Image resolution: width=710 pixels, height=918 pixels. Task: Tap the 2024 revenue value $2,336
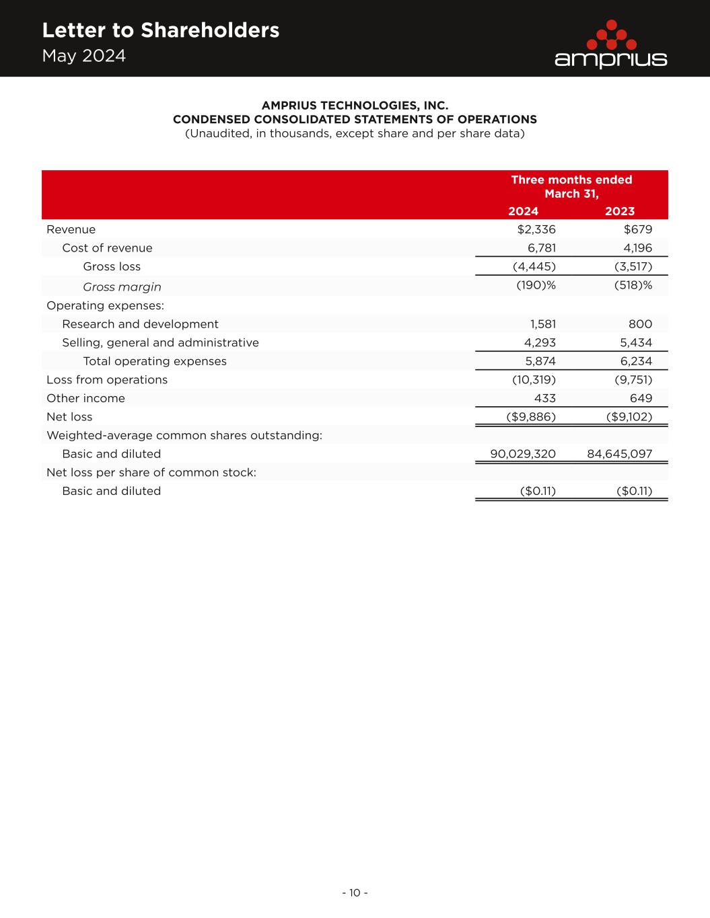536,229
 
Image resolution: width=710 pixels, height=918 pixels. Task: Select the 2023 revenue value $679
638,229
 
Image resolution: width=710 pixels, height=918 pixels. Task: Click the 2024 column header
523,211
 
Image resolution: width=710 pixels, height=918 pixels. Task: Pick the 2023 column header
620,211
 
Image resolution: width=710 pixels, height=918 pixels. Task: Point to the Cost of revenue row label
107,248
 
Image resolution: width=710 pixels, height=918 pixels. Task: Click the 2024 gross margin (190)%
536,285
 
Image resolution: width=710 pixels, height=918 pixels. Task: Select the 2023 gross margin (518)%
633,285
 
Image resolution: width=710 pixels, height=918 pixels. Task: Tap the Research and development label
140,324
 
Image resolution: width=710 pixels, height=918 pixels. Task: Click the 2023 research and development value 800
641,324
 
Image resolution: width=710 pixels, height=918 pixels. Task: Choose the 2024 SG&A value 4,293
540,342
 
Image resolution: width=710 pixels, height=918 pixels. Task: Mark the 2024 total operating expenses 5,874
540,361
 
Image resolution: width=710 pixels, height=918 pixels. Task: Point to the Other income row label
85,398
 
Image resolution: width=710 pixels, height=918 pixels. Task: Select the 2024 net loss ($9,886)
531,417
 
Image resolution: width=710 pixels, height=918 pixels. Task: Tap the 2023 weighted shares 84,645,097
619,454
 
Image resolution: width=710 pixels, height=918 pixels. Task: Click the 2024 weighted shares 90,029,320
523,454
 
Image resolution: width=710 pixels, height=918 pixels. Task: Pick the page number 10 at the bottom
355,893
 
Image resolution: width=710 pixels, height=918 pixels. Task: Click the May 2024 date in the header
84,56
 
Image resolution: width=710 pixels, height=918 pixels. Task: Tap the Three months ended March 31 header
571,186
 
